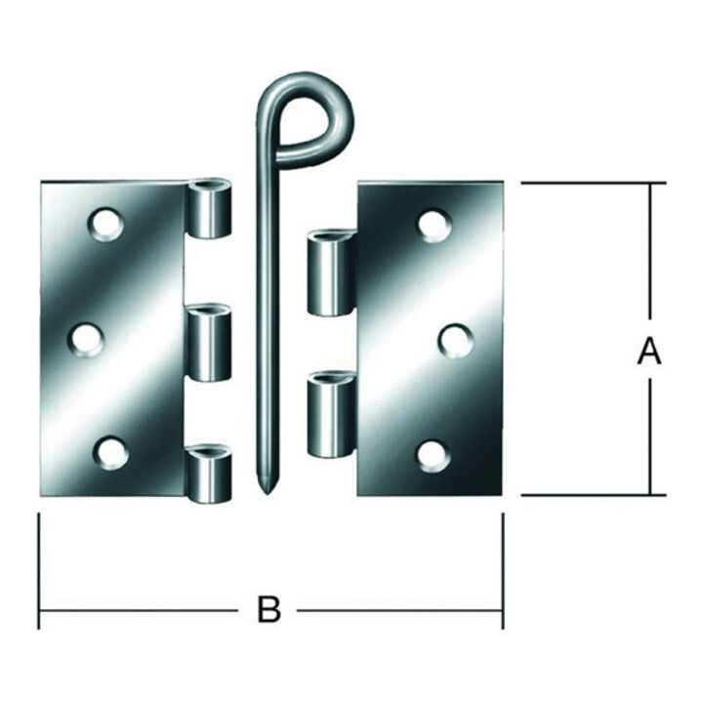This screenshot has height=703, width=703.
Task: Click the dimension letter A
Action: (649, 351)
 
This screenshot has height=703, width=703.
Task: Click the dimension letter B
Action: (269, 609)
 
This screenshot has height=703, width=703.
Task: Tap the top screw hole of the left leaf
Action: (106, 225)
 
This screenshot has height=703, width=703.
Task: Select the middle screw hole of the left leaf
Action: (86, 341)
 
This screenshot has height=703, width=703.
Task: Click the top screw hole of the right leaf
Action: (434, 226)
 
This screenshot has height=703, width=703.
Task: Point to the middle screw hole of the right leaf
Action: (455, 342)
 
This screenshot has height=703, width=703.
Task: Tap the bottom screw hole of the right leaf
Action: (434, 456)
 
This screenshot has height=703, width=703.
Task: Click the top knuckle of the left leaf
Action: (209, 208)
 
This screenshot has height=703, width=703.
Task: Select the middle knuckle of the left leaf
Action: (209, 344)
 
